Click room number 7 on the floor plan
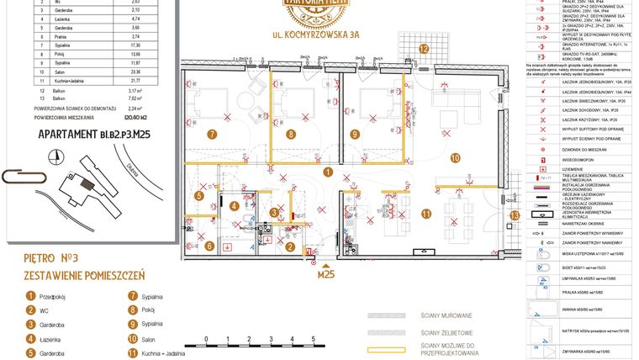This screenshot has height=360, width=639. [213, 134]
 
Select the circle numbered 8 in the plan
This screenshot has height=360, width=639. [291, 134]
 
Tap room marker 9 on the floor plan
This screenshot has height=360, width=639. [355, 134]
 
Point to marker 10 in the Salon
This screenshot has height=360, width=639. [454, 156]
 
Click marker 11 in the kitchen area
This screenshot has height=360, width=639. [427, 214]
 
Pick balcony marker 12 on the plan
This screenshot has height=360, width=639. [425, 50]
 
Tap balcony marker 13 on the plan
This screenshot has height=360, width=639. [515, 214]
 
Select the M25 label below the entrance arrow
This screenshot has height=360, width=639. [325, 273]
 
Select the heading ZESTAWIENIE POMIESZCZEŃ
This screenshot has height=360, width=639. [84, 275]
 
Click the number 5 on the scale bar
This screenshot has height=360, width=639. [314, 338]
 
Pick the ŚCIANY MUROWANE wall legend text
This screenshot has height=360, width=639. [446, 315]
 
